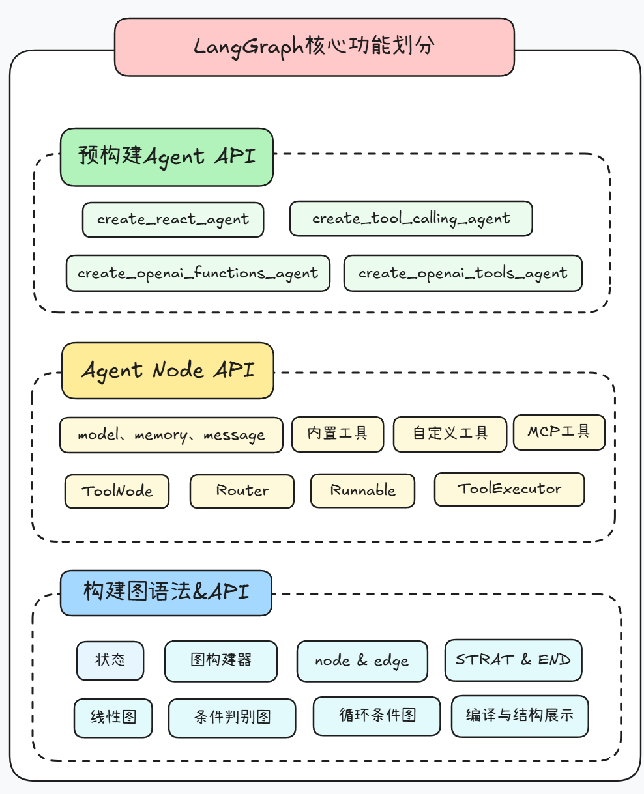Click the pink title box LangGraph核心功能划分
(x=314, y=47)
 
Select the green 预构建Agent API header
(x=167, y=157)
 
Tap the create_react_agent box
(x=173, y=220)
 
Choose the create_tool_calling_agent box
(x=411, y=219)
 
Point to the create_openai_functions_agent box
(x=198, y=273)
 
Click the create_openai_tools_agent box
(x=463, y=273)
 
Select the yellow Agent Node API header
(x=168, y=371)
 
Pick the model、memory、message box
(x=171, y=435)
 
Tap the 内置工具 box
(x=337, y=432)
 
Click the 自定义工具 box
(x=450, y=434)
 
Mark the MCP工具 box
(x=559, y=432)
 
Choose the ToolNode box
(x=117, y=491)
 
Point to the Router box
(x=242, y=491)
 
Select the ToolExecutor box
(x=509, y=489)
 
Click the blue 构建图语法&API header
(x=166, y=593)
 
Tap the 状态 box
(x=110, y=660)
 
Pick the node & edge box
(x=362, y=661)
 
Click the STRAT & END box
(x=513, y=660)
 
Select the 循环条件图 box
(x=377, y=716)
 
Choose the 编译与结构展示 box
(x=520, y=716)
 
